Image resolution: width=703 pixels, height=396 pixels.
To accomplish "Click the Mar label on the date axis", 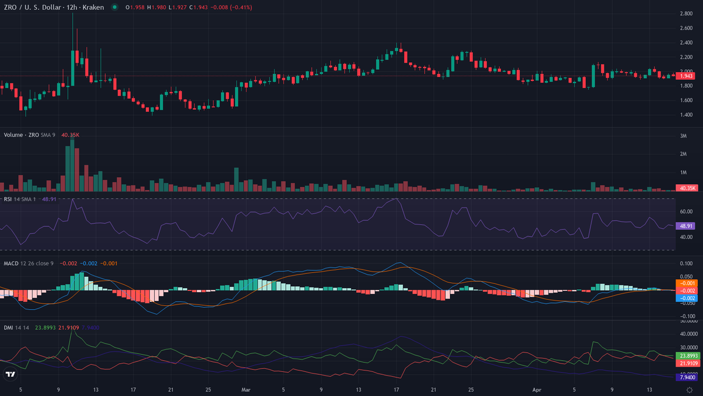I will (245, 389).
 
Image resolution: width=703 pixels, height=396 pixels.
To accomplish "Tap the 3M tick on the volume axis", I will (683, 136).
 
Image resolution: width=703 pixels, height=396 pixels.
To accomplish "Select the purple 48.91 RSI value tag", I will (685, 226).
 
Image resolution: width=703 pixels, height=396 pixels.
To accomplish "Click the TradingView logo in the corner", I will (10, 374).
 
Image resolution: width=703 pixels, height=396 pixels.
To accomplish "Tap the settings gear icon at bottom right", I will (689, 389).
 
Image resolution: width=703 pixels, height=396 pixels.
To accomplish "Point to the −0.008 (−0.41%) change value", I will (215, 7).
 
